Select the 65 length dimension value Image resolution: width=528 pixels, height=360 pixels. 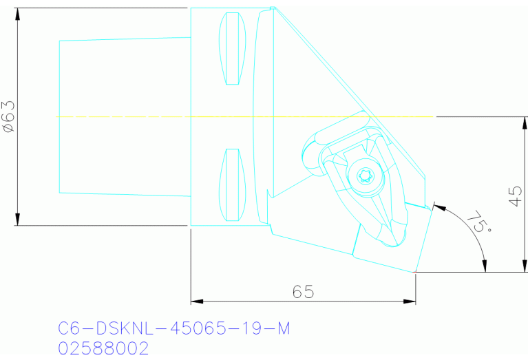[x=303, y=292]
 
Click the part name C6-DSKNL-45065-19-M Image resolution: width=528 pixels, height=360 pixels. [x=173, y=329]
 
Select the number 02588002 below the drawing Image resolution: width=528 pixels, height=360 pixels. [x=104, y=348]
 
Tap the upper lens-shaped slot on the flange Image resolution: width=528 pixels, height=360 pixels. [x=232, y=49]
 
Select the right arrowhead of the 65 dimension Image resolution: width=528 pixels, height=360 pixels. [x=411, y=301]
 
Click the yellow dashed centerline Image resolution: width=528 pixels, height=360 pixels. [x=241, y=117]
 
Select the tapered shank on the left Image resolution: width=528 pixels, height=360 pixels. [x=124, y=117]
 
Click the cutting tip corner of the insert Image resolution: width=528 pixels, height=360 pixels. [x=415, y=273]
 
